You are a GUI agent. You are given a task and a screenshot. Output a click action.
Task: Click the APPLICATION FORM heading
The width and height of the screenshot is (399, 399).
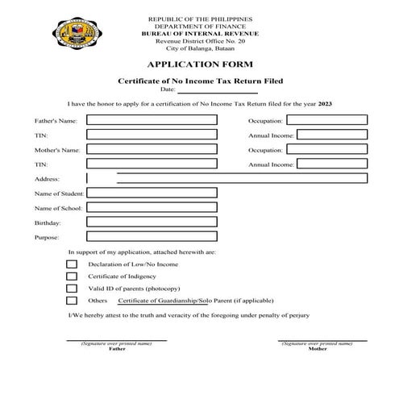tap(199, 64)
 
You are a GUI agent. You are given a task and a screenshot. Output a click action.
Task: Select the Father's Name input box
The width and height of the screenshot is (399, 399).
tap(152, 120)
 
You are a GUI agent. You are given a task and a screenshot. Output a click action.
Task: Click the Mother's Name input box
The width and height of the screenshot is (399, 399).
tap(152, 150)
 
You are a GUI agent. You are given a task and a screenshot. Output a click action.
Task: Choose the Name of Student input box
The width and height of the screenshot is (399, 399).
tap(152, 193)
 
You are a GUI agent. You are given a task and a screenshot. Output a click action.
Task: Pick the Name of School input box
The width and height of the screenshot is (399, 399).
tap(152, 207)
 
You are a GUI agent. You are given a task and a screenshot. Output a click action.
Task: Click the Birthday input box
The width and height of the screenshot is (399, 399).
tap(152, 222)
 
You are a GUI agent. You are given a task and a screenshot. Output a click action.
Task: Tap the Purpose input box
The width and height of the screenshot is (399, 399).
tap(152, 237)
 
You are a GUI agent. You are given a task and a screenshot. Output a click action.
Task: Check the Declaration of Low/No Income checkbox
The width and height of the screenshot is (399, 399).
tap(72, 264)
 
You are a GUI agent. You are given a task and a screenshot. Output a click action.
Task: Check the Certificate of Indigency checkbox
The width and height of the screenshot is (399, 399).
tap(72, 276)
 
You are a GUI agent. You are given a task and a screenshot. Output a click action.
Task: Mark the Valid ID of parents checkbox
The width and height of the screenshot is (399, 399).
tap(72, 289)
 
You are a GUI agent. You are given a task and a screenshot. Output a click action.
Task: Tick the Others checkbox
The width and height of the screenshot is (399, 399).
tap(72, 301)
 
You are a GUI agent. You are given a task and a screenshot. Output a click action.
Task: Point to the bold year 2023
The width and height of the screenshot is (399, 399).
tap(324, 105)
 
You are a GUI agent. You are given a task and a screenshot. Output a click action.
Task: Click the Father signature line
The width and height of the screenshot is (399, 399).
tap(116, 340)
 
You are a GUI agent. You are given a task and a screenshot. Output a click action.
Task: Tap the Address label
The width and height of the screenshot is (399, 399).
tap(48, 179)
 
